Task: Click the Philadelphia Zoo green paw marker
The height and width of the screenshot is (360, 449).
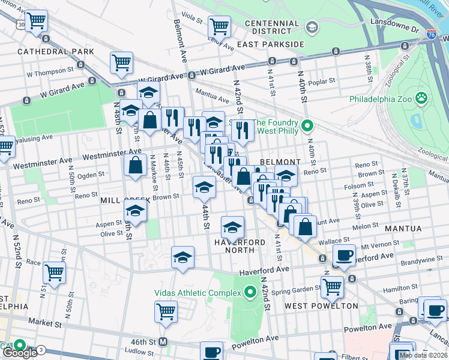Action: tap(423, 97)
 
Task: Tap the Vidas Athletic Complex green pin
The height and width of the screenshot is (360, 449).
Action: tap(250, 293)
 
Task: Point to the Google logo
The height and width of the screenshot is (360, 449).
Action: tap(20, 353)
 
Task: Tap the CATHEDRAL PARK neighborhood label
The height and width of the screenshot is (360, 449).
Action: tap(56, 52)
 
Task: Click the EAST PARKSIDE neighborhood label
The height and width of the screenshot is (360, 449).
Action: tap(270, 44)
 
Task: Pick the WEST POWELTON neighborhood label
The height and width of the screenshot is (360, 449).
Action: tap(321, 305)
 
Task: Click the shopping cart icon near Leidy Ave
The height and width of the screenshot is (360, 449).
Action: tap(219, 26)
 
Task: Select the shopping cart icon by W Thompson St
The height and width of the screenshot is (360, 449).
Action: tap(121, 62)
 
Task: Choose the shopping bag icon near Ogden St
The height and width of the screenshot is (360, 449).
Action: tap(136, 164)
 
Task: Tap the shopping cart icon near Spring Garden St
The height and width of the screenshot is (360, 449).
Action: tap(332, 286)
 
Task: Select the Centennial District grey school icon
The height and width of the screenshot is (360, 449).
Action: tap(312, 27)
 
